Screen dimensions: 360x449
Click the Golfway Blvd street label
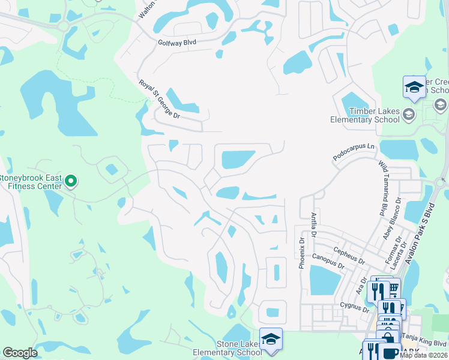click(177, 43)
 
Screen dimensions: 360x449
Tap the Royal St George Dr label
click(159, 99)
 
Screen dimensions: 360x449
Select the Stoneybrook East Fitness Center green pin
click(71, 181)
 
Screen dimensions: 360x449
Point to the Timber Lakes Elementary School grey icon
click(409, 114)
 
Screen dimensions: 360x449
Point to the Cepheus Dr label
click(348, 257)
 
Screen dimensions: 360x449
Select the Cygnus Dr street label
click(353, 307)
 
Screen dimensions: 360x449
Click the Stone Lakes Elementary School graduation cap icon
click(271, 339)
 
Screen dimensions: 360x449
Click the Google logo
click(20, 353)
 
